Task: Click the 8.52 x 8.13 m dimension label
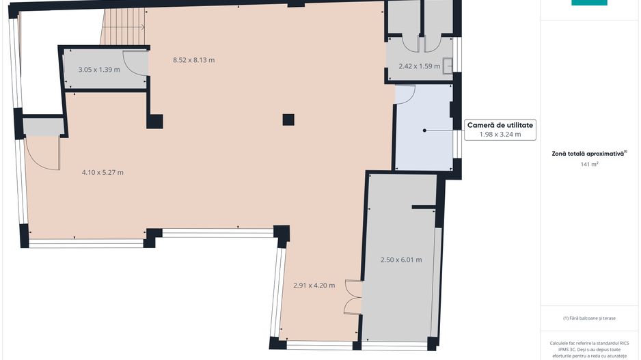[x=194, y=60]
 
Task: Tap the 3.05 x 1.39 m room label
[x=99, y=70]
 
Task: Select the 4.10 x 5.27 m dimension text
[x=103, y=172]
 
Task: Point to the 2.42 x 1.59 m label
[x=420, y=66]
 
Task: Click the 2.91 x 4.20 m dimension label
[x=314, y=286]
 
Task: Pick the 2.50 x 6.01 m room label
[x=401, y=260]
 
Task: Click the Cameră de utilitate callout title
[x=500, y=126]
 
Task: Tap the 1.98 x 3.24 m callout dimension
[x=500, y=135]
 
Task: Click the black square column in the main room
[x=288, y=120]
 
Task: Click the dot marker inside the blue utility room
[x=424, y=130]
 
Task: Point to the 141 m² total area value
[x=590, y=164]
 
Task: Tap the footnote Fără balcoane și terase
[x=589, y=318]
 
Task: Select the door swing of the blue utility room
[x=405, y=94]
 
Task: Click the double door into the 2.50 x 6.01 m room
[x=353, y=297]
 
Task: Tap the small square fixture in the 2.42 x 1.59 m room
[x=449, y=66]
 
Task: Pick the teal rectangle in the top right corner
[x=589, y=3]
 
